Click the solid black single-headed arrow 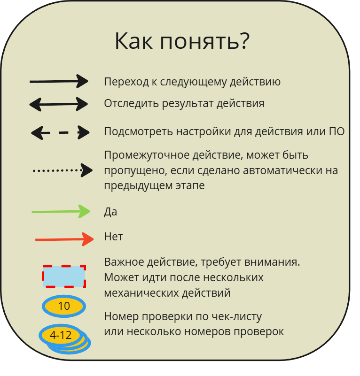[x=59, y=81]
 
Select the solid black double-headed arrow [x=59, y=104]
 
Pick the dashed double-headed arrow [x=60, y=132]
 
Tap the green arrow [x=61, y=212]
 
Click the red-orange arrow [x=64, y=239]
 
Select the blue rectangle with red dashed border [x=64, y=276]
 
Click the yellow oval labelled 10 [x=64, y=307]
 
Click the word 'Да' [x=110, y=212]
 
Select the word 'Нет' [x=113, y=237]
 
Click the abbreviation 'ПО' [x=337, y=131]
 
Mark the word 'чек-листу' [x=239, y=316]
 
